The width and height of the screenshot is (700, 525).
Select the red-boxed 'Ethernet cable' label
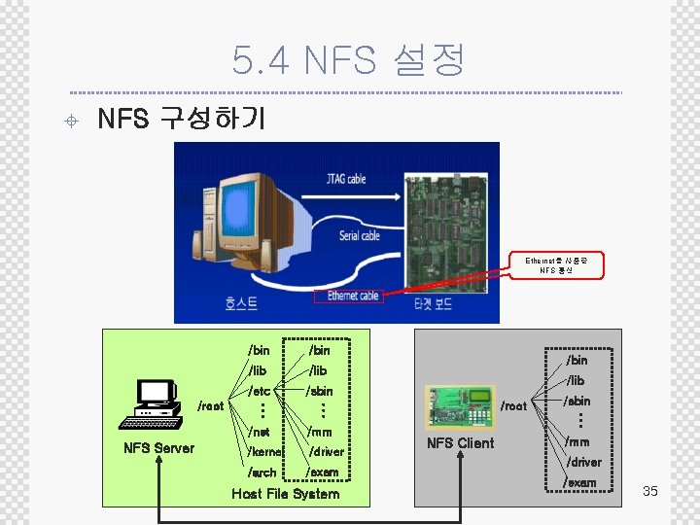(349, 295)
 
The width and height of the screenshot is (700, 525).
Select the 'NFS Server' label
(158, 448)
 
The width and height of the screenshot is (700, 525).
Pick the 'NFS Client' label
(460, 443)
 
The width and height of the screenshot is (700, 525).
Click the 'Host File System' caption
(286, 494)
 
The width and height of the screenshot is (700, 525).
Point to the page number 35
(650, 491)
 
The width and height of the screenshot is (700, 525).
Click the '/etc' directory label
(259, 391)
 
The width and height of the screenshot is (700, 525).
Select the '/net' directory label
(259, 431)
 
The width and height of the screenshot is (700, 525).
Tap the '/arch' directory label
(262, 472)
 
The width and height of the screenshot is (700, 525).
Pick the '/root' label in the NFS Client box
(513, 406)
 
